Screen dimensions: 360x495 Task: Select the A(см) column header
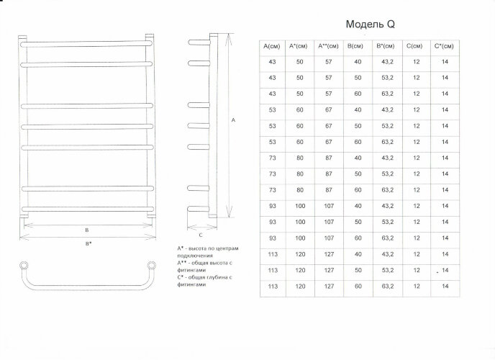(272, 46)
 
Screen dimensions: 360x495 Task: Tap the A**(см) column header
(328, 46)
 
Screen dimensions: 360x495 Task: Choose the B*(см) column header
(386, 46)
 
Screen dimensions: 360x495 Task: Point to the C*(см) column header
(445, 46)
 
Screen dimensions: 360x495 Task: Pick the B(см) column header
(356, 46)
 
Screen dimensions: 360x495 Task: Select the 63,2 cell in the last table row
(386, 287)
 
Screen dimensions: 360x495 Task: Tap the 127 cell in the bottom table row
(328, 287)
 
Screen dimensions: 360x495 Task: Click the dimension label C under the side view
(201, 235)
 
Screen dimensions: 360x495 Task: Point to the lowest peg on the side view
(196, 210)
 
